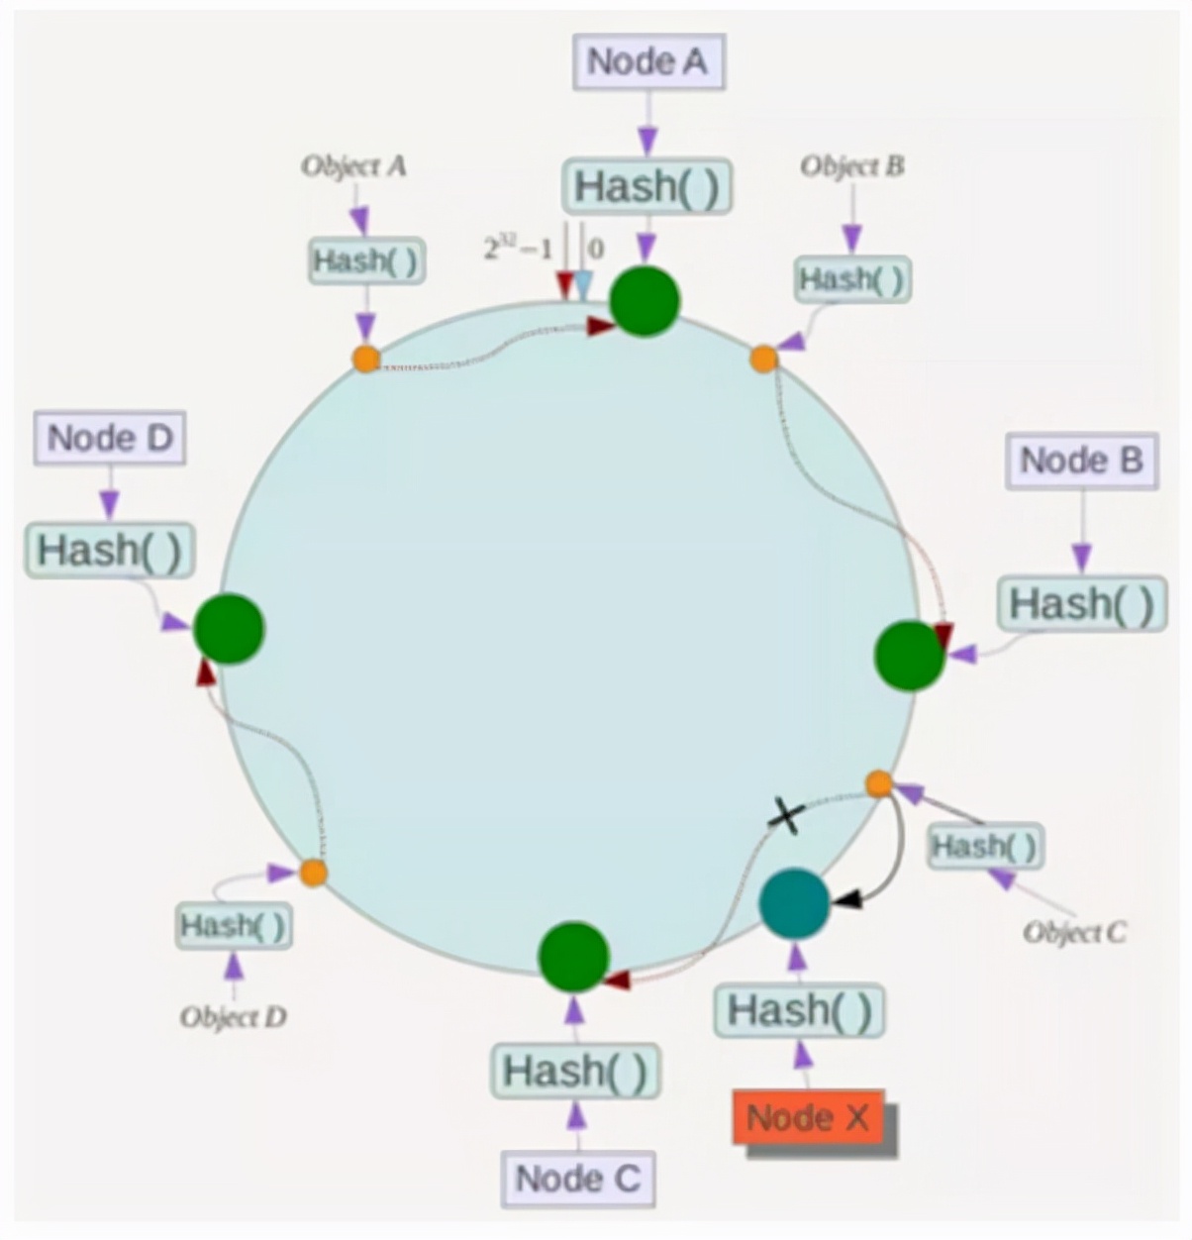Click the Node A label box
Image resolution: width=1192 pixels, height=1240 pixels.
(x=647, y=61)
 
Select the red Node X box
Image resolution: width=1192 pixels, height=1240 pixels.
(x=808, y=1118)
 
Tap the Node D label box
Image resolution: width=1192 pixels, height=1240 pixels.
(x=110, y=439)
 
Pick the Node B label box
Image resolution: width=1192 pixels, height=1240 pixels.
(x=1081, y=461)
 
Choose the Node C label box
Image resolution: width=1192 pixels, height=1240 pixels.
(x=578, y=1179)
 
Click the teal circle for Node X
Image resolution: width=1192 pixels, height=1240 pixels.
(x=794, y=903)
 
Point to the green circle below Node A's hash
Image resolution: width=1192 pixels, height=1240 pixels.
(x=645, y=300)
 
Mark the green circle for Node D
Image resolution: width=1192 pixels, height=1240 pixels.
(x=229, y=628)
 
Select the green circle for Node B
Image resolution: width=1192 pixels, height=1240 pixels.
(x=910, y=655)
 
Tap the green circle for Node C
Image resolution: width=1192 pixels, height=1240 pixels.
(x=573, y=957)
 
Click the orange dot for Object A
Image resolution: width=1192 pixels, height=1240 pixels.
(x=366, y=359)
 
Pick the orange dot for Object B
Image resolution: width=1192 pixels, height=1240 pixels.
(x=763, y=359)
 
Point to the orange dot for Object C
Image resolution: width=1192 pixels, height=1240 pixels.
(x=879, y=784)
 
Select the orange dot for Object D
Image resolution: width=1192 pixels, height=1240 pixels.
(x=313, y=873)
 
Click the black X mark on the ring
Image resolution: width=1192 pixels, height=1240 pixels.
(x=786, y=817)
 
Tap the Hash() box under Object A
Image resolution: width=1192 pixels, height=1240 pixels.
(x=366, y=261)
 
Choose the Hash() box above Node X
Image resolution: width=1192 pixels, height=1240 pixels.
(x=799, y=1011)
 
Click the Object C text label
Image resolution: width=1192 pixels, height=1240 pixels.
(x=1074, y=932)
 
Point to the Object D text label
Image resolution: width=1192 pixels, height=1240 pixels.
(x=234, y=1017)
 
